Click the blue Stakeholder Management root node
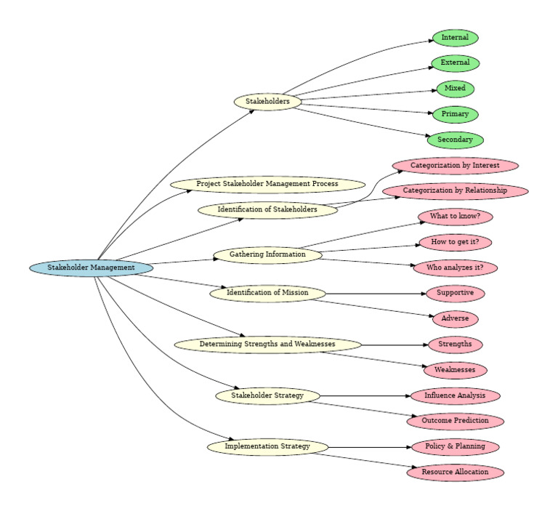pos(92,267)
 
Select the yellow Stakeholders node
pos(267,102)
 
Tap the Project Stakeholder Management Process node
pos(267,184)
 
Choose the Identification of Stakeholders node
pos(267,209)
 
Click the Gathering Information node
pos(267,254)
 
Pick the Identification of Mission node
pos(267,293)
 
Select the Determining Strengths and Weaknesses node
pos(267,344)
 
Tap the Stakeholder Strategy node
pos(267,395)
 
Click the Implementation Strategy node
pos(267,446)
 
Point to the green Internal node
pos(455,37)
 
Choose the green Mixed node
pos(455,89)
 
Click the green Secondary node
pos(455,140)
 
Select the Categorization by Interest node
pos(455,166)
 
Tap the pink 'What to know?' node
pos(455,217)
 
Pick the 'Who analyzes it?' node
pos(455,267)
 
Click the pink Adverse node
pos(455,318)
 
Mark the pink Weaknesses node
pos(455,370)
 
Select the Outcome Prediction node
pos(455,421)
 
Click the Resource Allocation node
pos(455,472)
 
